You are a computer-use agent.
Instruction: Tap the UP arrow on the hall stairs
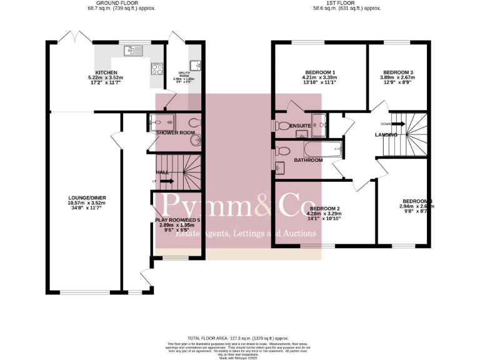tap(166, 181)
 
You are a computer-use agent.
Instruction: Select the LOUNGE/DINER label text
tap(87, 198)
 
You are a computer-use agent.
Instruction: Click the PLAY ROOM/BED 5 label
tap(178, 220)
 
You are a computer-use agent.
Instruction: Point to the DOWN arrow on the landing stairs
tap(399, 124)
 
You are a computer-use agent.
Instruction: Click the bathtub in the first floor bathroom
tap(321, 149)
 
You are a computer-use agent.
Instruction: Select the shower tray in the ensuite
tap(319, 124)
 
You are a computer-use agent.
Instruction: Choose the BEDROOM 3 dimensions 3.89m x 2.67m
tap(398, 77)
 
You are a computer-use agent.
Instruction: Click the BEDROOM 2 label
tap(325, 208)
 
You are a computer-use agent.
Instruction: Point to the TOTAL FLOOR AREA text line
tap(240, 337)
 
